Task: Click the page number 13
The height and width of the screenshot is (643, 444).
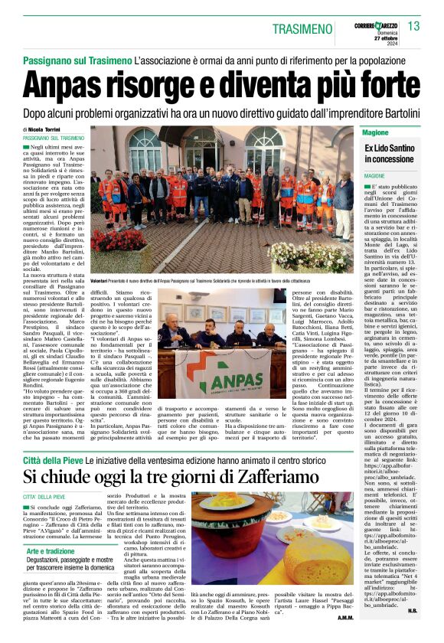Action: tap(415, 27)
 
